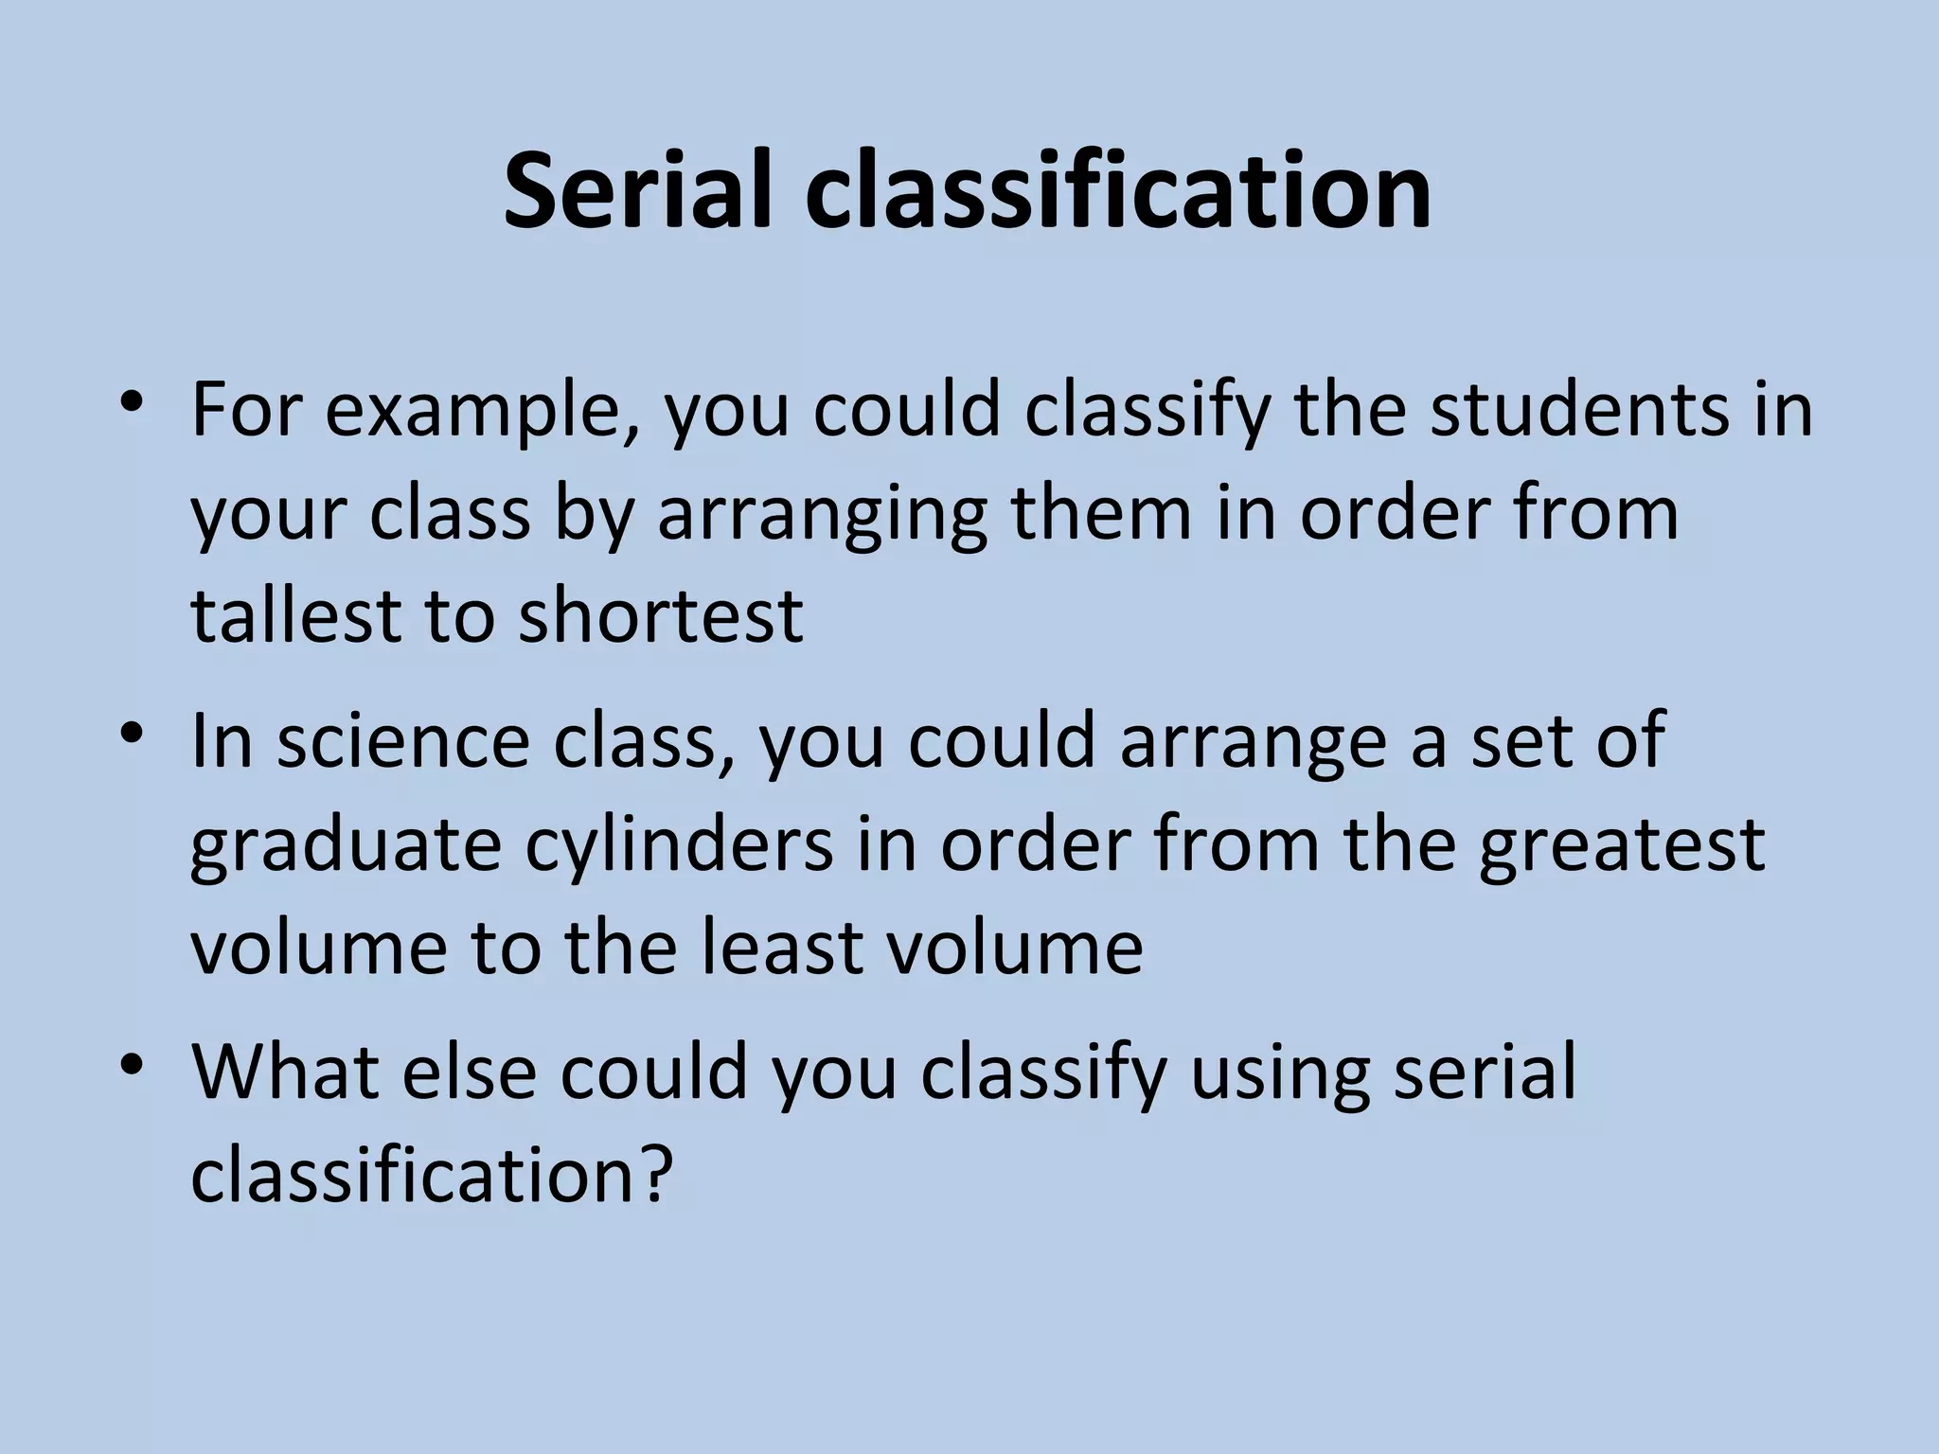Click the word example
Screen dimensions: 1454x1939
coord(480,413)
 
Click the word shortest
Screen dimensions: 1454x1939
coord(661,617)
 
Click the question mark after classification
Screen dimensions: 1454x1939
coord(657,1174)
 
